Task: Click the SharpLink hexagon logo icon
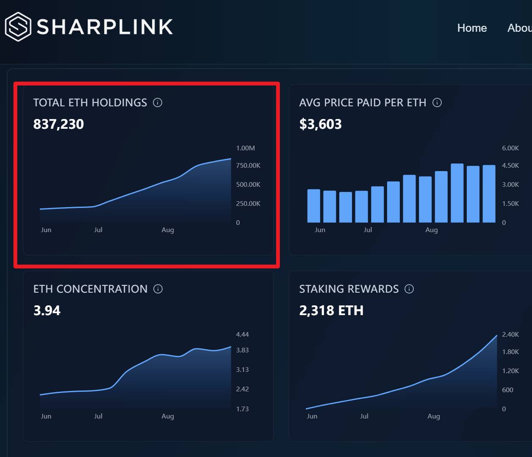18,27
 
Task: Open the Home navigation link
472,28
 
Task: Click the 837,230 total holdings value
58,124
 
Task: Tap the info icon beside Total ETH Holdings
158,102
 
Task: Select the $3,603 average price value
320,124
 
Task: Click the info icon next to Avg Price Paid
437,102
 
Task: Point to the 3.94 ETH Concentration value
47,310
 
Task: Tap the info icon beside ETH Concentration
158,289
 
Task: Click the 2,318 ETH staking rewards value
331,310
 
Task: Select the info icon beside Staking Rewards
409,289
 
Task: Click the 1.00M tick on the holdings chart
245,148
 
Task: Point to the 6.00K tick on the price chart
510,148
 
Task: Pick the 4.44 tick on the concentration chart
242,335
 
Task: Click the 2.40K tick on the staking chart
510,335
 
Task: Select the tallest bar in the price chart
457,193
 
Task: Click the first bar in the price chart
313,206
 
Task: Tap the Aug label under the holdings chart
168,230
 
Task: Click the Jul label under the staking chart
364,416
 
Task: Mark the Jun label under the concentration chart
46,416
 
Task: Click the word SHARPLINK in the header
105,27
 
